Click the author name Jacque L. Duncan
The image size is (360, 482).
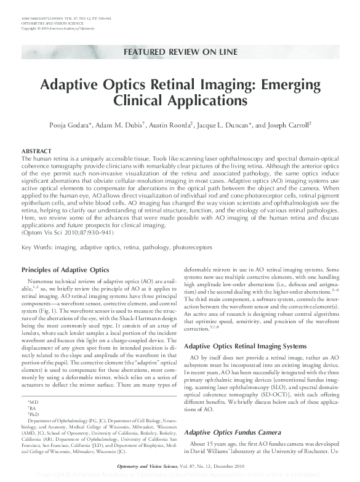point(229,126)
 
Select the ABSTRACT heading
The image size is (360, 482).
point(36,151)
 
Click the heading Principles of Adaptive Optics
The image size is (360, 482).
point(66,270)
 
